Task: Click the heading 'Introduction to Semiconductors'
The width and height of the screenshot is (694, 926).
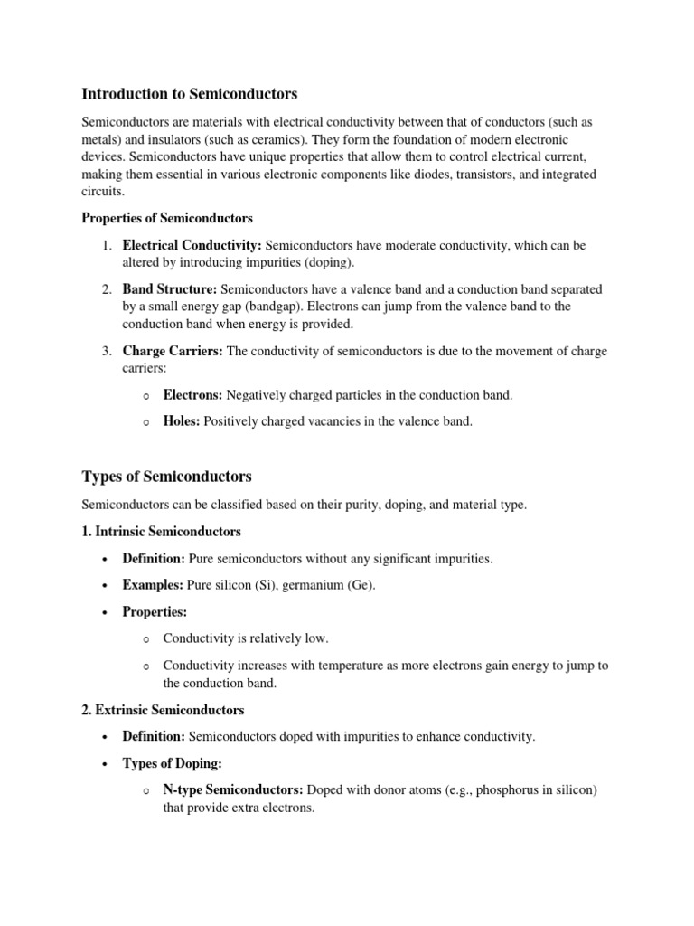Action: click(190, 94)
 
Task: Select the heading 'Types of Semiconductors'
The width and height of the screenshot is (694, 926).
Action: click(167, 477)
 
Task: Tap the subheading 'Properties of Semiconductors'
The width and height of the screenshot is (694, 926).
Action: click(167, 218)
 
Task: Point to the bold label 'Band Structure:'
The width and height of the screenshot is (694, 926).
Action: click(170, 289)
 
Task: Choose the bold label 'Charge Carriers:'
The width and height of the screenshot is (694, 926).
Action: click(173, 351)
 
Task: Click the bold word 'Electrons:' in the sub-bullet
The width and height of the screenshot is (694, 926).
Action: click(192, 394)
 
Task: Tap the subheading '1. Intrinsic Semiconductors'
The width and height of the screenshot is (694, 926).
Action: click(162, 531)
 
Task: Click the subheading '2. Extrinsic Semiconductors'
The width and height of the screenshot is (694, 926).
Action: click(164, 710)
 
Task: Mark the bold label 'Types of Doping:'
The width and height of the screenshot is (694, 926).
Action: click(172, 764)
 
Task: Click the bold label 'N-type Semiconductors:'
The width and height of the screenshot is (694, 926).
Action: click(233, 790)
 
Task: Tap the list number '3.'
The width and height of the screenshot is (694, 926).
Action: click(106, 351)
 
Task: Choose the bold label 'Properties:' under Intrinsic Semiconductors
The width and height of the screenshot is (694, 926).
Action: click(155, 612)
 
